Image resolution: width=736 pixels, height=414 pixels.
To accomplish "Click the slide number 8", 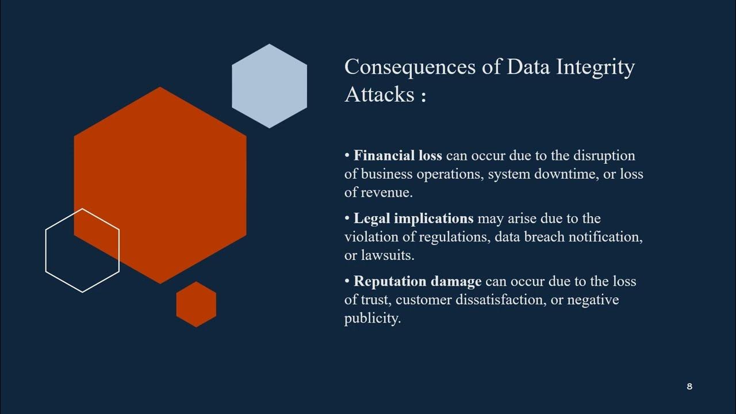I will (x=689, y=386).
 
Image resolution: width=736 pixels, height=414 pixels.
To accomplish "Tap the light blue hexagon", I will (x=269, y=86).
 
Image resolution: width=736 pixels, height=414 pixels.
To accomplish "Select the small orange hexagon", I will (x=196, y=304).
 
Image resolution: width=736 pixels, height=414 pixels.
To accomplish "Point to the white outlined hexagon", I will (x=82, y=250).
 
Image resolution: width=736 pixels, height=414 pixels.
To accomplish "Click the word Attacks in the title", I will (x=379, y=94).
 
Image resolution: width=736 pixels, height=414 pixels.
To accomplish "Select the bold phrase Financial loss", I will (x=398, y=156).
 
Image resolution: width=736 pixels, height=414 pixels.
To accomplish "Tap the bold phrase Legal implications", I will (x=413, y=218).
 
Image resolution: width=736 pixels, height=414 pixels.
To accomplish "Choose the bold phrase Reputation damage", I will (x=417, y=282).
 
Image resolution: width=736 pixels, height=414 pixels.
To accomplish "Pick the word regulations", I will (x=454, y=237).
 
